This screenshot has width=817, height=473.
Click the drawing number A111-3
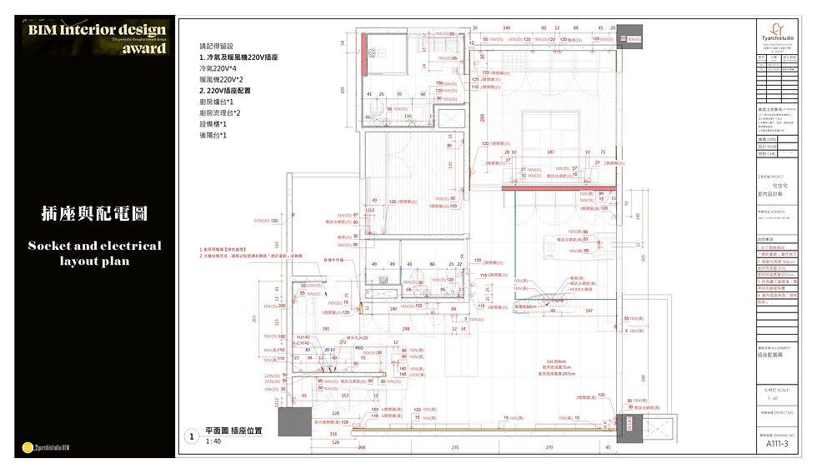tap(774, 444)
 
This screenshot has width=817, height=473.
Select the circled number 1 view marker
tap(191, 436)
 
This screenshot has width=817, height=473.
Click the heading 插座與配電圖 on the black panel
tap(94, 213)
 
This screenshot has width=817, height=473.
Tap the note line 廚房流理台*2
tap(220, 112)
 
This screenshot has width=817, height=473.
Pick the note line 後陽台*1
tap(213, 135)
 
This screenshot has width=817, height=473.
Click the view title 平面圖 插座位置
tap(233, 431)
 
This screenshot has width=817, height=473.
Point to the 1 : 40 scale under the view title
tap(213, 441)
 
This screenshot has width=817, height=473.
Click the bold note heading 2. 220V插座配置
tap(225, 90)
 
